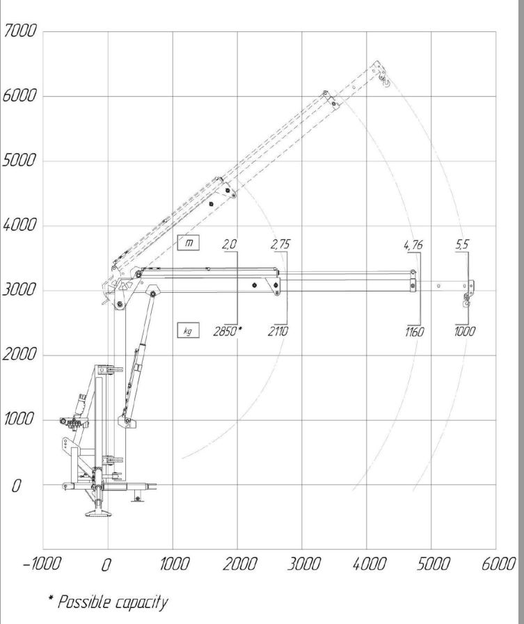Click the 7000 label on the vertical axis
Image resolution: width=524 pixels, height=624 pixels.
pos(19,31)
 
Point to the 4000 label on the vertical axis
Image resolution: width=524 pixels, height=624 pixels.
pos(19,225)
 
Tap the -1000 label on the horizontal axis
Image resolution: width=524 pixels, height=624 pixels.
pos(42,563)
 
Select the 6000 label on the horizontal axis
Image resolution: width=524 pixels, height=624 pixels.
pos(498,563)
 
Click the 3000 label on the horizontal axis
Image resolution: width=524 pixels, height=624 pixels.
pos(304,563)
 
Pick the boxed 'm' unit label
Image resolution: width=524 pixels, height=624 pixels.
pos(189,242)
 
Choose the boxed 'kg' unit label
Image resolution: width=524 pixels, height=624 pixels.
pos(189,330)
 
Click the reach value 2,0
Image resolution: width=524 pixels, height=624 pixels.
pos(230,244)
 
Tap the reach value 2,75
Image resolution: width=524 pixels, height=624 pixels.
pos(280,244)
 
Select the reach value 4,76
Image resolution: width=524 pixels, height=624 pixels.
pos(413,244)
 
